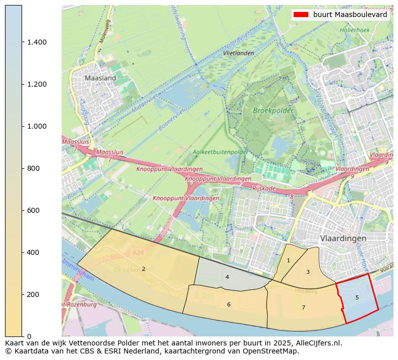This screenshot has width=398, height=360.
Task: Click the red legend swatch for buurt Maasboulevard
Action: pos(300,15)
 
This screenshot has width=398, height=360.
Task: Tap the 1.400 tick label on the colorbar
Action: pos(37,42)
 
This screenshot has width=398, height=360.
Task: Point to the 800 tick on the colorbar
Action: pos(33,168)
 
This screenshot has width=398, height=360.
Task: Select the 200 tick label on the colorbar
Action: pos(33,294)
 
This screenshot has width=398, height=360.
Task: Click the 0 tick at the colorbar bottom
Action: pos(29,336)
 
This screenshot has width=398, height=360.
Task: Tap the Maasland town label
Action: pos(100,78)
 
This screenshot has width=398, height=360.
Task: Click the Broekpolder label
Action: pos(272,110)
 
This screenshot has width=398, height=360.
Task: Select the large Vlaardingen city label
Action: pos(343,238)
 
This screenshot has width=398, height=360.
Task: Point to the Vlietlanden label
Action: pos(239,53)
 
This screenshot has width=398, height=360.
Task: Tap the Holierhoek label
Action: pos(354,30)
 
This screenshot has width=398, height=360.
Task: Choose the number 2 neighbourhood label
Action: pos(143,269)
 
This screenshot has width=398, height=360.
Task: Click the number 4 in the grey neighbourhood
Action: pos(227,277)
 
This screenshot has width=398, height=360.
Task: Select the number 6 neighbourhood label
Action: pos(229,304)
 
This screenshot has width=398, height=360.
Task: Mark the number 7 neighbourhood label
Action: pos(303,307)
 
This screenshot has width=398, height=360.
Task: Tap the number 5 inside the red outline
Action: pos(357,297)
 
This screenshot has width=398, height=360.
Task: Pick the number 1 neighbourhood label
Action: pos(288,260)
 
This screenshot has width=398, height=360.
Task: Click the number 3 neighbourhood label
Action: pos(308,272)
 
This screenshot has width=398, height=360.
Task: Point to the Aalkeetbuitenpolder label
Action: pos(220,152)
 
